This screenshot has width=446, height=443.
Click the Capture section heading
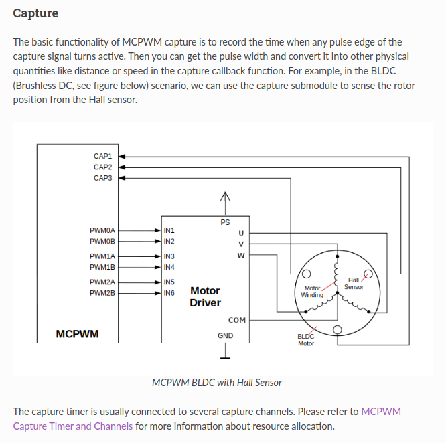(x=35, y=13)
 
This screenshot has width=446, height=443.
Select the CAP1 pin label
(x=102, y=156)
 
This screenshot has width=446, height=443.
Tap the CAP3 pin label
(x=102, y=179)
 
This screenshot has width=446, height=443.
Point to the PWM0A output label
(x=102, y=230)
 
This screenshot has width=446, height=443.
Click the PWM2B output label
(x=102, y=293)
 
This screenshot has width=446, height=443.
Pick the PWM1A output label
(x=102, y=256)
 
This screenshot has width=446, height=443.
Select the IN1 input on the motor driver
(x=169, y=230)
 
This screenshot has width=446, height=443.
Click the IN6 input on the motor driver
(x=169, y=293)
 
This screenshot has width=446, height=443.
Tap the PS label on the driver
(x=225, y=221)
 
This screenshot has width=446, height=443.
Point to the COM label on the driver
(x=236, y=320)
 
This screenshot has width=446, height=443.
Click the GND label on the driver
(x=225, y=335)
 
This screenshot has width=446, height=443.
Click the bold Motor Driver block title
(x=205, y=296)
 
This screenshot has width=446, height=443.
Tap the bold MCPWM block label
(x=77, y=333)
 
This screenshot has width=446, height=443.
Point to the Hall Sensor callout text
(x=354, y=283)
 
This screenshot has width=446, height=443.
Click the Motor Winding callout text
(x=312, y=291)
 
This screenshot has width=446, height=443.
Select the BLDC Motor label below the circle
(x=306, y=340)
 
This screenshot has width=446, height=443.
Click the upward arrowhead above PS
(x=226, y=197)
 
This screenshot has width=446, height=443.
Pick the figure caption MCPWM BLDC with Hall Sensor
(x=217, y=383)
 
